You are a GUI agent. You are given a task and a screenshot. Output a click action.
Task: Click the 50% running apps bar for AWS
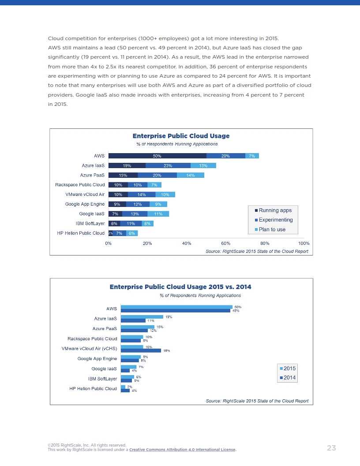pyautogui.click(x=157, y=156)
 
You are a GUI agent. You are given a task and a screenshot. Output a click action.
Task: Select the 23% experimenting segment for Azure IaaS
pyautogui.click(x=168, y=165)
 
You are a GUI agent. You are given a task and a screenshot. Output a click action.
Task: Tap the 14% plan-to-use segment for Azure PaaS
pyautogui.click(x=190, y=175)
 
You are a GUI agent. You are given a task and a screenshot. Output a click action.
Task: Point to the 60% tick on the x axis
pyautogui.click(x=225, y=243)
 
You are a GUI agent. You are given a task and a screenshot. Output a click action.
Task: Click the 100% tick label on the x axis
pyautogui.click(x=304, y=243)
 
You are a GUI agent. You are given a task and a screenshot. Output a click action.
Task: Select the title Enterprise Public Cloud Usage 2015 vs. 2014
pyautogui.click(x=180, y=287)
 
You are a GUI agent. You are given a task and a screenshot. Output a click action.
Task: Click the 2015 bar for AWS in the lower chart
pyautogui.click(x=176, y=307)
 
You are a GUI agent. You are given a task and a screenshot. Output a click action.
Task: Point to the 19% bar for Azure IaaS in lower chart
pyautogui.click(x=142, y=317)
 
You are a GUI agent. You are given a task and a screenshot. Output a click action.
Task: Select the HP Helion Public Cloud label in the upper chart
pyautogui.click(x=81, y=233)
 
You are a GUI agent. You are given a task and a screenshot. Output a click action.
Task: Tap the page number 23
pyautogui.click(x=331, y=448)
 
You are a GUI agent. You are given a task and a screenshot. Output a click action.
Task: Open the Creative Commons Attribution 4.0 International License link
pyautogui.click(x=183, y=450)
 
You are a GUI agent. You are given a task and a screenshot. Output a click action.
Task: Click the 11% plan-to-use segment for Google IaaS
pyautogui.click(x=158, y=214)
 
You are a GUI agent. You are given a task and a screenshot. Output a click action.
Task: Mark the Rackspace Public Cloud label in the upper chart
pyautogui.click(x=80, y=185)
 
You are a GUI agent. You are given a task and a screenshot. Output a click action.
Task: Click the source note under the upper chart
pyautogui.click(x=257, y=251)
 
